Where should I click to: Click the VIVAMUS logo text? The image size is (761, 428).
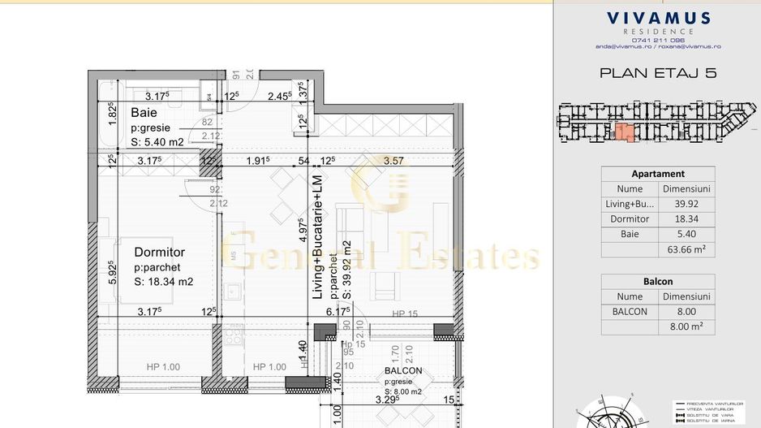point(658,18)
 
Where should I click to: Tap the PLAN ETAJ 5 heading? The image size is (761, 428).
point(658,73)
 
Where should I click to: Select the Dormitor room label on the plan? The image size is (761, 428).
point(160,253)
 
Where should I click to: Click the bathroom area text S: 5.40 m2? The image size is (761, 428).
point(157,141)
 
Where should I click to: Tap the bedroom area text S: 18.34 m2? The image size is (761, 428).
point(163,281)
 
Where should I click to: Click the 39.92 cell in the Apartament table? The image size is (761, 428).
point(686,204)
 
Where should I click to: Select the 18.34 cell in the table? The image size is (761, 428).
point(686,219)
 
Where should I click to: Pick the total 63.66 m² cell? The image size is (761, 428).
point(686,249)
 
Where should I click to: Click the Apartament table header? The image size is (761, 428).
point(658,174)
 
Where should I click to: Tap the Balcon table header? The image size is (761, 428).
point(658,282)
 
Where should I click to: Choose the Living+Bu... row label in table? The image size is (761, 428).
point(630,204)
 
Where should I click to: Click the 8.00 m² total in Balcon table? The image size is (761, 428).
point(686,327)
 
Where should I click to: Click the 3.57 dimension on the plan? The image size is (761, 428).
point(393,161)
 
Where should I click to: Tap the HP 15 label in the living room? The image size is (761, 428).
point(404,314)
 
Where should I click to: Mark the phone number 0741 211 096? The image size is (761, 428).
point(658,40)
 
